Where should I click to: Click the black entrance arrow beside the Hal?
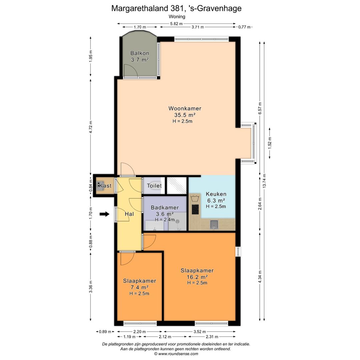point(104,214)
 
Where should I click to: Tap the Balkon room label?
point(140,53)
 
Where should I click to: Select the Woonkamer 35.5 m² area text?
point(185,115)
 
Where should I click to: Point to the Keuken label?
point(216,194)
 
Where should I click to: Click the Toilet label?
point(154,186)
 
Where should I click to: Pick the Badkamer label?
point(165,207)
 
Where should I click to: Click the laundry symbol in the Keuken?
point(194,199)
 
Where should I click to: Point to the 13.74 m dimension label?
point(265,182)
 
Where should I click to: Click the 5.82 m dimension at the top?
point(176,24)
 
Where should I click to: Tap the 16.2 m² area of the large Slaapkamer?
point(197,277)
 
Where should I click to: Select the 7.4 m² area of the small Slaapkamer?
point(139,287)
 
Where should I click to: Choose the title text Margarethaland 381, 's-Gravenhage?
point(176,8)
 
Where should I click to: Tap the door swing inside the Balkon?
point(130,70)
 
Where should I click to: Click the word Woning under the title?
point(177,16)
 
